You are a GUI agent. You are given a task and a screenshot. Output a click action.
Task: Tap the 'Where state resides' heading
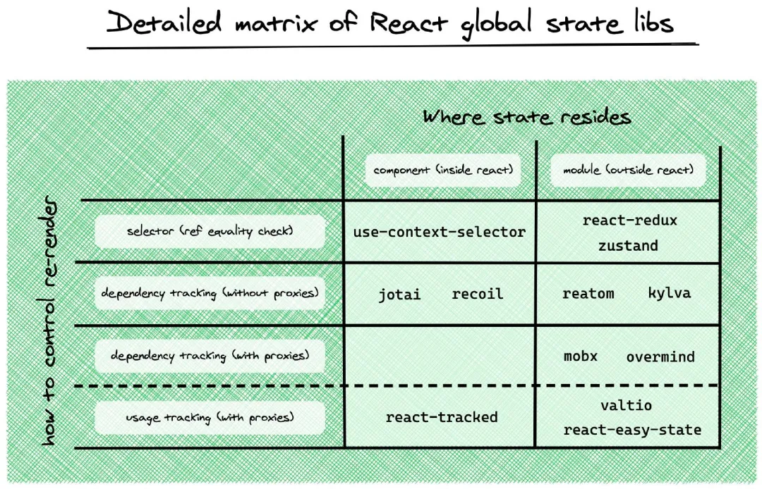526,116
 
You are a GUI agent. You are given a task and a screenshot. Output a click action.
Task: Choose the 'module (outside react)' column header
628,171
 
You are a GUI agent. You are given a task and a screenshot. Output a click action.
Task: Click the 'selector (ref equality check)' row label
210,232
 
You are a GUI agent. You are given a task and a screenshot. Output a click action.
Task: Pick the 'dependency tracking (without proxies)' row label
210,294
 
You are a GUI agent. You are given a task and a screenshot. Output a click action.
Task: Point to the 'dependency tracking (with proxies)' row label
210,356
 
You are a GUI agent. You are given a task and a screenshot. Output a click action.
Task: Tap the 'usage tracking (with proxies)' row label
210,418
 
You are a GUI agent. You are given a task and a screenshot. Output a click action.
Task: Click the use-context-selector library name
439,232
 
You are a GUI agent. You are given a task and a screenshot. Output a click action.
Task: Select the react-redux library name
629,221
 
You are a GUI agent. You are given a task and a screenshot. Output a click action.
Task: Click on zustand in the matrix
628,246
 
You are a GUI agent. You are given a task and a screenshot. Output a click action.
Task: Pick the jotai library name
399,294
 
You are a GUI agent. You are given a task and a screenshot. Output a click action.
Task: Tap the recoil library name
477,294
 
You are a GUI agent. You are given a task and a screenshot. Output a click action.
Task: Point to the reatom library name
588,294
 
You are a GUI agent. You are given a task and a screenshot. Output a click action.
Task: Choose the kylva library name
669,292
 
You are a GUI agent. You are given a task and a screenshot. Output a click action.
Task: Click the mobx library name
581,356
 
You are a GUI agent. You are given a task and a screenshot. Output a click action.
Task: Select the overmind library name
660,357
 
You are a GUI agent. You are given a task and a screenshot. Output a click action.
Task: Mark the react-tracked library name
442,417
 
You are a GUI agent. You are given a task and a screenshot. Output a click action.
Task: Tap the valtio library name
627,405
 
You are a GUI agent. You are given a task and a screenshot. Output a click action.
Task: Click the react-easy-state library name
632,430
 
